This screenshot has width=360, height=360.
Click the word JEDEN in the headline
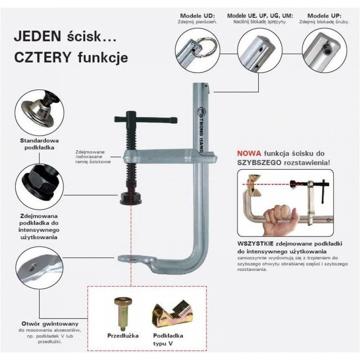coord(37,36)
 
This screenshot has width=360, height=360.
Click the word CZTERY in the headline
coord(42,58)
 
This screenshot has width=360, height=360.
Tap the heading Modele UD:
coord(198,16)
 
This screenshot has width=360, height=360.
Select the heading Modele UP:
coord(324,16)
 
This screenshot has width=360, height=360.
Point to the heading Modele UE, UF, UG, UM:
coord(260,16)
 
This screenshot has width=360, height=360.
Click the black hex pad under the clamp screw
coord(130,198)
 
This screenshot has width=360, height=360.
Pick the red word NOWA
coord(249,153)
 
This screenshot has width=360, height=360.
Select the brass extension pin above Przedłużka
coord(124,313)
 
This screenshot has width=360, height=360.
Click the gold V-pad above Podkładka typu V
coord(173,314)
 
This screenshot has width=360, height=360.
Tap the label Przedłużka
coord(123,336)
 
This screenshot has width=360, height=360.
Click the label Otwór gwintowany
coord(50,324)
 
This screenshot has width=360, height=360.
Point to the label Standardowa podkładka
coord(39,144)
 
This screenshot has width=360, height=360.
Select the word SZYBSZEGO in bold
coord(259,162)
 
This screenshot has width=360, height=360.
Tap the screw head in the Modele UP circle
coord(327,48)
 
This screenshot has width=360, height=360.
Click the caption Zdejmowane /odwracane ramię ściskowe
coord(93,157)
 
